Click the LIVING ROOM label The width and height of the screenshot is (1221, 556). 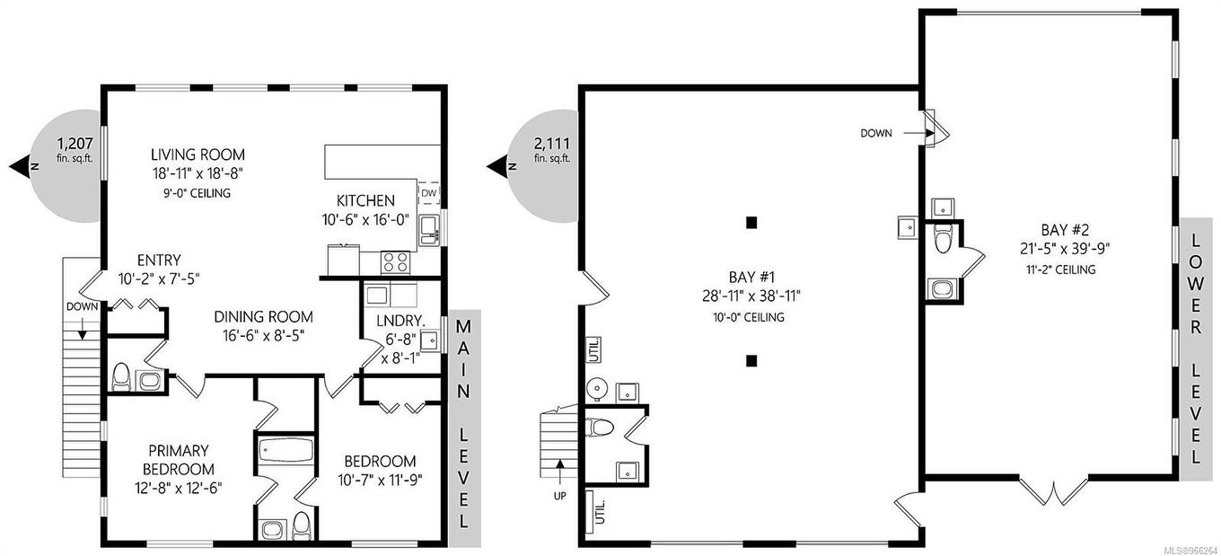click(x=198, y=154)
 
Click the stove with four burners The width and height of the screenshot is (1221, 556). click(x=396, y=261)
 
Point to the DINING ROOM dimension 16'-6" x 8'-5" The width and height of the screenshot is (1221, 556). click(x=263, y=336)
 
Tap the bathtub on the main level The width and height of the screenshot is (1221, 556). click(x=284, y=450)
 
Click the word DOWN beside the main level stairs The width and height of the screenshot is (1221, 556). click(x=82, y=306)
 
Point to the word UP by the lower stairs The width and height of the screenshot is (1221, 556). click(x=559, y=495)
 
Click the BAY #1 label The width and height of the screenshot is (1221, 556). click(x=750, y=277)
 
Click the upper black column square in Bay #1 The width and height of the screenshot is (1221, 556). click(x=751, y=222)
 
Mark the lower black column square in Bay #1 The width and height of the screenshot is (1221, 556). click(x=751, y=361)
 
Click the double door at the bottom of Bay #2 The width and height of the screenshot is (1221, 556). click(x=1052, y=492)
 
